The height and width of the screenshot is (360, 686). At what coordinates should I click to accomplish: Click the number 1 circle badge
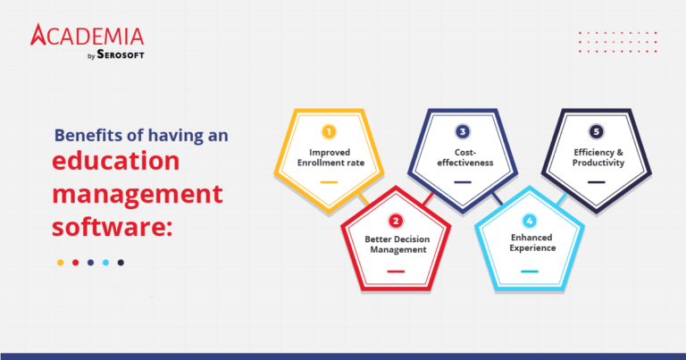tap(328, 132)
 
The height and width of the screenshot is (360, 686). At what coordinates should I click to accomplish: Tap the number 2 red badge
tap(395, 220)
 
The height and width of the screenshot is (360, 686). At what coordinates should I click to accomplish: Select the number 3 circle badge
tap(462, 132)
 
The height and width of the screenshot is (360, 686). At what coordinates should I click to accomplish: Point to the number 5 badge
tap(596, 132)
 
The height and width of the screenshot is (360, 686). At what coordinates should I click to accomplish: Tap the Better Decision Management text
tap(395, 245)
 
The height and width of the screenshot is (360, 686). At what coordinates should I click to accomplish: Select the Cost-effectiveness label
tap(462, 157)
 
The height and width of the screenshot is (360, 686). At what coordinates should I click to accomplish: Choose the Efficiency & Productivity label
tap(596, 157)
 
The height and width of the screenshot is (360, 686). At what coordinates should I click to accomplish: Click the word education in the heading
tap(115, 163)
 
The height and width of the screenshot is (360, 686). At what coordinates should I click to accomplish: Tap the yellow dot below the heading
tap(60, 263)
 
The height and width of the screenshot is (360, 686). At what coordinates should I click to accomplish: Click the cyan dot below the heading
tap(105, 263)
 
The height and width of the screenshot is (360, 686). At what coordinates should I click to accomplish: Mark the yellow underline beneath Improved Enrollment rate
tap(328, 181)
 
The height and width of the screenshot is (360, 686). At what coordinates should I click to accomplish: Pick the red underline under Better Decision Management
tap(395, 270)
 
